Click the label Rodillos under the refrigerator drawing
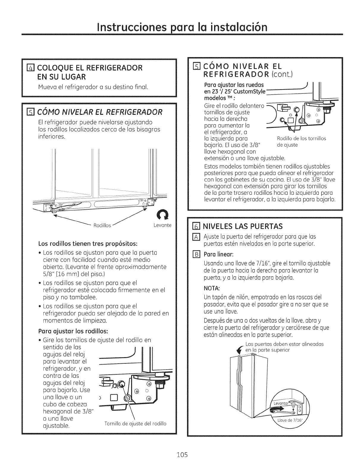pyautogui.click(x=102, y=225)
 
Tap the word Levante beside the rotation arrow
pyautogui.click(x=162, y=225)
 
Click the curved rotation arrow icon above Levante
pyautogui.click(x=162, y=213)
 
